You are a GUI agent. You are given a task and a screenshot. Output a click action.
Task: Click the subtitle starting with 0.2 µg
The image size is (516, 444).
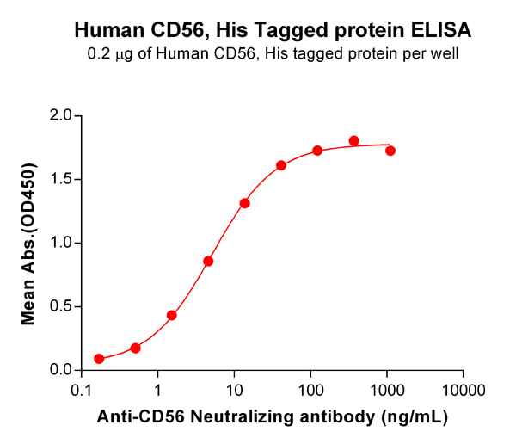273,54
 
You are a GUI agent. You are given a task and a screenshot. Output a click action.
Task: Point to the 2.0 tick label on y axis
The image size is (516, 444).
60,116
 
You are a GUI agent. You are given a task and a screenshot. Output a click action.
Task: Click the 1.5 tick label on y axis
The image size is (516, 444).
60,180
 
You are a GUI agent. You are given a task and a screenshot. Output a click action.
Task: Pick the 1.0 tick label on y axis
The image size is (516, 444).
60,244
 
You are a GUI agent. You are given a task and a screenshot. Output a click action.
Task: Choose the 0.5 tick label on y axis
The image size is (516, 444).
60,307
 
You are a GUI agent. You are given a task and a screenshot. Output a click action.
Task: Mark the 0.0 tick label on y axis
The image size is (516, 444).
60,371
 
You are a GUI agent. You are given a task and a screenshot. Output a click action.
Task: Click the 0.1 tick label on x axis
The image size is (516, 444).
82,391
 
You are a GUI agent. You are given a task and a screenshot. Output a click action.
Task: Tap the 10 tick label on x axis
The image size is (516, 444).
234,391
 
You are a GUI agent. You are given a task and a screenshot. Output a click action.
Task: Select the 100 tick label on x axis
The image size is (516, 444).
310,391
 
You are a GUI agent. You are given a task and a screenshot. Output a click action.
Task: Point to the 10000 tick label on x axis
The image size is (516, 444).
464,391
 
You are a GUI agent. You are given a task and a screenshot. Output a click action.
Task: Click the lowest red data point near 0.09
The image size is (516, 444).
99,359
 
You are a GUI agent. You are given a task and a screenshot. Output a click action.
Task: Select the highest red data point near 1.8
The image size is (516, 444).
354,140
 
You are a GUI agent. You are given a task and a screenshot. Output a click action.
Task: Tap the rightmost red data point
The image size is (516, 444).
390,151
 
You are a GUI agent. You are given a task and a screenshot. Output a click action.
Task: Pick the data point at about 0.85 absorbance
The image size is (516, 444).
208,261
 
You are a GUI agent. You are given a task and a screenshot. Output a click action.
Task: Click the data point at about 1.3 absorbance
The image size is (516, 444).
245,203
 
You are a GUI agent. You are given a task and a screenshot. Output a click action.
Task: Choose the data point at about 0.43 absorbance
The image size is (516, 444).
172,315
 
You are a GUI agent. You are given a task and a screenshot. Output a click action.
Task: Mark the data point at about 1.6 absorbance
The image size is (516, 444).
281,165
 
